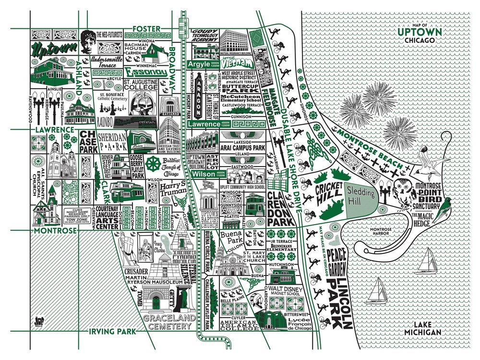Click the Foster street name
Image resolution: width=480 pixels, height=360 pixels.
coord(146,29)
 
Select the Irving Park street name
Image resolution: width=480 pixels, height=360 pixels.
coord(110,331)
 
